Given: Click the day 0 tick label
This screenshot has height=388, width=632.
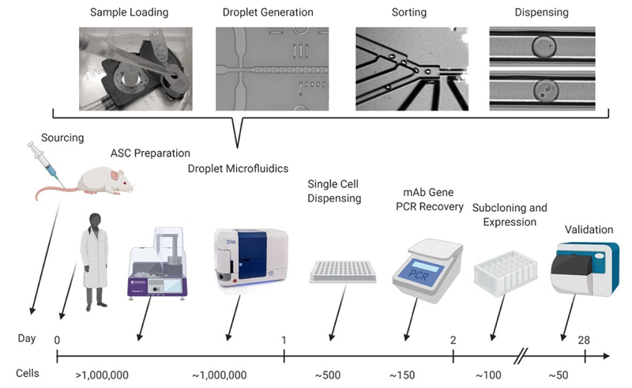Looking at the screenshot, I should (x=58, y=339).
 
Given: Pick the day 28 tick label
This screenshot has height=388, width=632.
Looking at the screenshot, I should (x=585, y=339).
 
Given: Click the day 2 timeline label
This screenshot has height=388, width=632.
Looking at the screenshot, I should (x=453, y=339).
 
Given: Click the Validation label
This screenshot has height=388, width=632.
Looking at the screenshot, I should (x=589, y=229).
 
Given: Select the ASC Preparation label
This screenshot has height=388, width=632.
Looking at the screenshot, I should (x=149, y=153).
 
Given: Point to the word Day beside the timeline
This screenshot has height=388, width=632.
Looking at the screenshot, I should (x=27, y=339).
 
